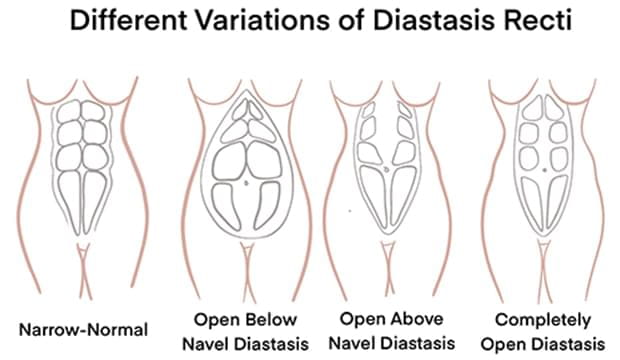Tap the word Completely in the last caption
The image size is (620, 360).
537,320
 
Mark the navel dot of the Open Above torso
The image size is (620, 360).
389,170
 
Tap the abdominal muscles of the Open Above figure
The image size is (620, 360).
389,165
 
